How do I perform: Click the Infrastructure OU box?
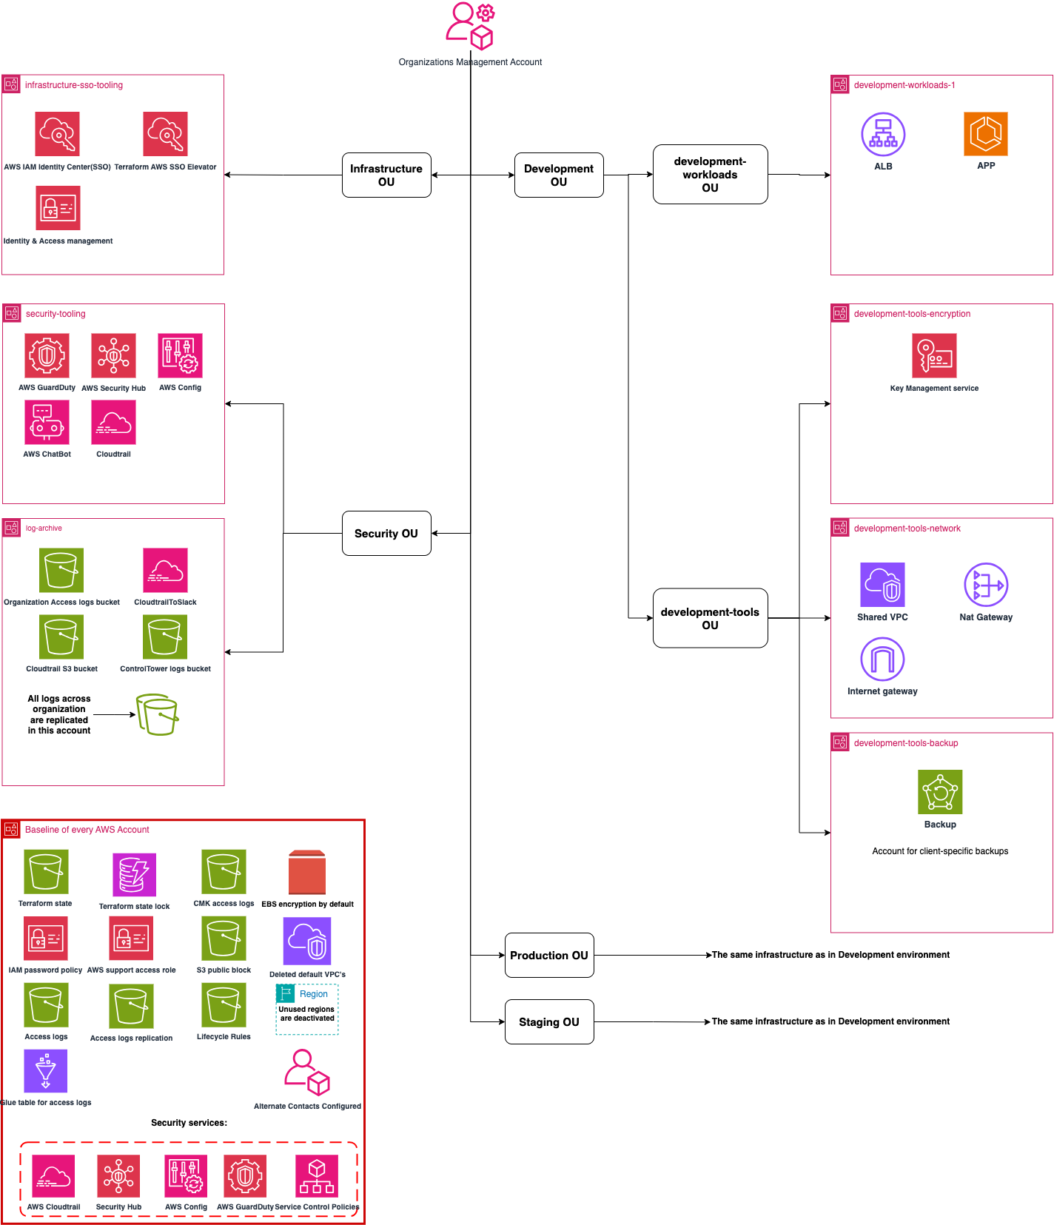[386, 175]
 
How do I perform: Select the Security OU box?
[386, 534]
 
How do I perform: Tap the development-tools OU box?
[710, 618]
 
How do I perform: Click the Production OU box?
[549, 955]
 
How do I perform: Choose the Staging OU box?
[549, 1021]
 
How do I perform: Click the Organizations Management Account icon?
[470, 26]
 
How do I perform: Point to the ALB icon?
[883, 135]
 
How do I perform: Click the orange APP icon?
[986, 134]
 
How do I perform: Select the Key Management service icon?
[934, 355]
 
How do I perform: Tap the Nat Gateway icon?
[986, 585]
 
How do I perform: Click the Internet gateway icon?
[882, 659]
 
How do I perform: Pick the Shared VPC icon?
[882, 585]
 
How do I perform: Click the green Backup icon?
[940, 792]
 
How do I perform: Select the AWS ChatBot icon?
[47, 422]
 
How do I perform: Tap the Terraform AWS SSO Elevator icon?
[165, 134]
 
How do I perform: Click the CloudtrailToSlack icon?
[165, 570]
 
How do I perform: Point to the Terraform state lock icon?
[134, 874]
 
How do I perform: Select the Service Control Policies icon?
[317, 1175]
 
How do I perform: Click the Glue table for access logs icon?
[45, 1071]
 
